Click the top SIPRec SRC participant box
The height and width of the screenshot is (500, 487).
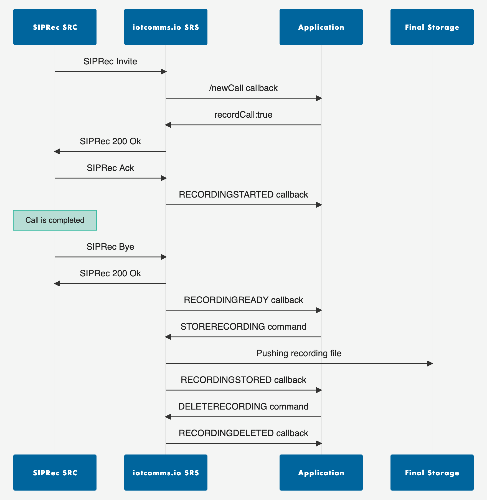55,27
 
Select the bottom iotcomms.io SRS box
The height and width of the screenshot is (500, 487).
166,473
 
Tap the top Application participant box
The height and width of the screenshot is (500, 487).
321,27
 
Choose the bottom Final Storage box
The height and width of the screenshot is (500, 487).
432,473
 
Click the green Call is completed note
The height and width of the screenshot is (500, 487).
55,220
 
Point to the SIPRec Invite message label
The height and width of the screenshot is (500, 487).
110,61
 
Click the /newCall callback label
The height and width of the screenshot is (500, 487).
243,88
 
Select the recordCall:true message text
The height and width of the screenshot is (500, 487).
243,115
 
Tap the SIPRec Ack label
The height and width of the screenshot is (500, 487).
110,168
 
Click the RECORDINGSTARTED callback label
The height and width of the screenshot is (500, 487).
243,195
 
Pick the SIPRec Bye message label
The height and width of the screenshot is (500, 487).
110,247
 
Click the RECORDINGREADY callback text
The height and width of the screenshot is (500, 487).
243,300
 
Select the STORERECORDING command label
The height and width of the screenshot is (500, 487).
243,327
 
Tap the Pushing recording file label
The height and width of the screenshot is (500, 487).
299,353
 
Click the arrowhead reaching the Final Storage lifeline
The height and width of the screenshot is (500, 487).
430,363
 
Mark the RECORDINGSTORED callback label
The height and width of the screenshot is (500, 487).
243,380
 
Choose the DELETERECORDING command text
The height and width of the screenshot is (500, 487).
243,406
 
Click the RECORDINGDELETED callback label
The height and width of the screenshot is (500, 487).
243,433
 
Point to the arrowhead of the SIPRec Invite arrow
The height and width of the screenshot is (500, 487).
164,72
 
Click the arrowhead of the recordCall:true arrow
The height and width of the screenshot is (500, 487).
168,125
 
